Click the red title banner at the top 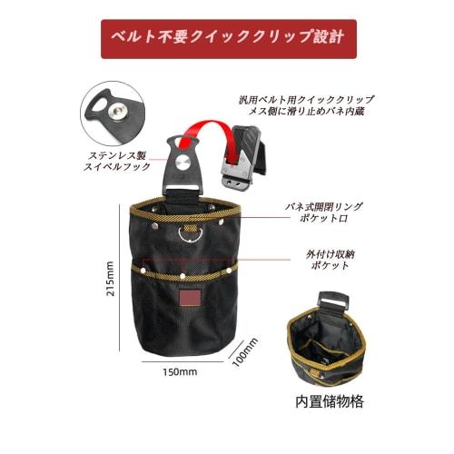tap(228, 39)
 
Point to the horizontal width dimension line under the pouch tap(183, 360)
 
